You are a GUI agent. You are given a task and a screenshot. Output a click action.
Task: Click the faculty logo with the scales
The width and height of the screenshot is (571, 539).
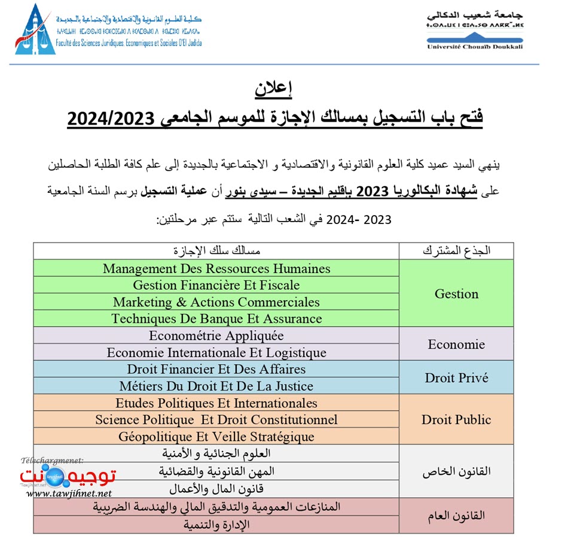click(35, 31)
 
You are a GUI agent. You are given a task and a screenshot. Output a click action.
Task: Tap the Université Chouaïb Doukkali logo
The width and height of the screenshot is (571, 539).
click(475, 29)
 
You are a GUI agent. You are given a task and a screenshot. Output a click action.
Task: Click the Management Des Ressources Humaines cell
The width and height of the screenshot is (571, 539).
click(216, 268)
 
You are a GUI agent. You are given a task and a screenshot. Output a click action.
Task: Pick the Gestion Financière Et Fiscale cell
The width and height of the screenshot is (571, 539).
click(216, 285)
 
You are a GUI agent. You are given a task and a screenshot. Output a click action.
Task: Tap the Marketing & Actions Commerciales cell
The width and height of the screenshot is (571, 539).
click(216, 302)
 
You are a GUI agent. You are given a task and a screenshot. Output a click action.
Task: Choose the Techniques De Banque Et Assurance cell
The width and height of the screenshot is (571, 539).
click(216, 319)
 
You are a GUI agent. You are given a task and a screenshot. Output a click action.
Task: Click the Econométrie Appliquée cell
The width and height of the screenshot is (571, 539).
click(216, 335)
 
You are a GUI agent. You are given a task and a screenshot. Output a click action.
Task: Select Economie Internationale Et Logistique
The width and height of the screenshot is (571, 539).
click(216, 352)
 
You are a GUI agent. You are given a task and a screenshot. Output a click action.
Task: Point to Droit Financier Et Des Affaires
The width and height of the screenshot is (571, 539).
click(216, 369)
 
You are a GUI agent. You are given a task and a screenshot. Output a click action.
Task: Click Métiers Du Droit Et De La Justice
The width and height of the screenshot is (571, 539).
click(216, 386)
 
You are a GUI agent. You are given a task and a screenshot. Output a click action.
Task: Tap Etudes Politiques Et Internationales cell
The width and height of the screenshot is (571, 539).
click(216, 403)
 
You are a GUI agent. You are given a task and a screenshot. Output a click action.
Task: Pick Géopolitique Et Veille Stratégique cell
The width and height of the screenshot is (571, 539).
click(216, 437)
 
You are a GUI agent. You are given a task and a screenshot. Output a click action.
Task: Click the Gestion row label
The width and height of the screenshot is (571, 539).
click(456, 293)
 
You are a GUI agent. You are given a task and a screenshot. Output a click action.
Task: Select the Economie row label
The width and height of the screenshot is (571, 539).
click(456, 344)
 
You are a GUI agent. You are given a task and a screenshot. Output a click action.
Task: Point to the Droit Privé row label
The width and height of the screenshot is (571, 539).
click(456, 378)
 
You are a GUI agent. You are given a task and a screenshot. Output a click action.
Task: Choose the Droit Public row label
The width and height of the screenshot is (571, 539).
click(456, 420)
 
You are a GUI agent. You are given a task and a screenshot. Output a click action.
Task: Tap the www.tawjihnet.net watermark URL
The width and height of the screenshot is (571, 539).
click(69, 493)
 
